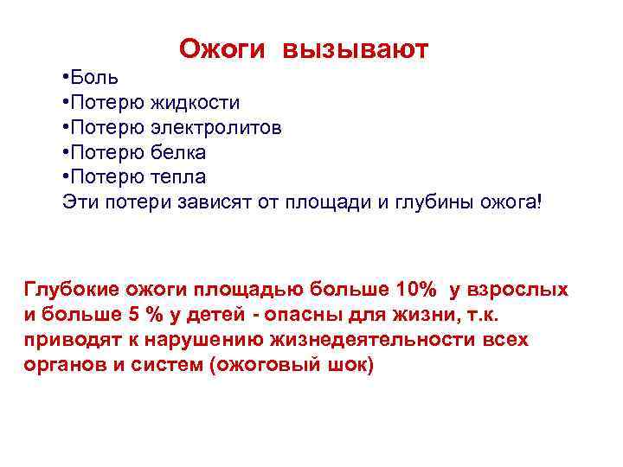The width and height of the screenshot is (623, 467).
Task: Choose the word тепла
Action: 179,177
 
